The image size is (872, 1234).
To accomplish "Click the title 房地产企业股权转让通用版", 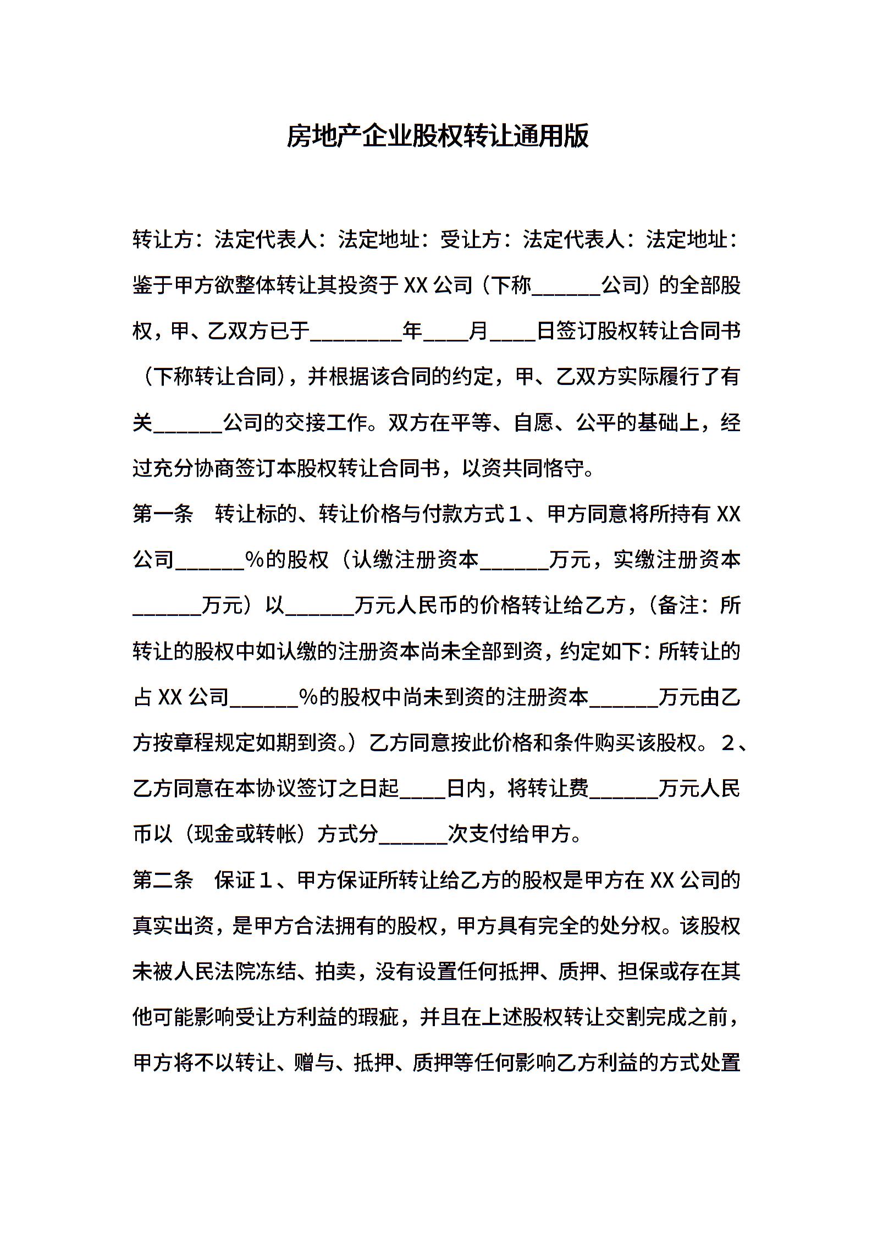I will [437, 136].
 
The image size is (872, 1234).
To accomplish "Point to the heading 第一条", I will [163, 514].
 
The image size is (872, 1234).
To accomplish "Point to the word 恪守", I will [561, 469].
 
